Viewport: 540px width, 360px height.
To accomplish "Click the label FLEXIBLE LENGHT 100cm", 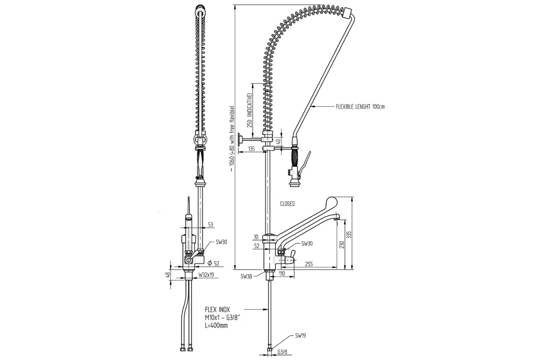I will coord(360,107).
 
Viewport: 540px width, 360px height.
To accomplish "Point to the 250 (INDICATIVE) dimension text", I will coord(248,111).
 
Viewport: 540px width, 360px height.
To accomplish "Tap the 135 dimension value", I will coord(252,148).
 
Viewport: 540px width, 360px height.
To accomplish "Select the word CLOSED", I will coord(287,204).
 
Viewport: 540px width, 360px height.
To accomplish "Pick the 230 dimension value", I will coord(342,245).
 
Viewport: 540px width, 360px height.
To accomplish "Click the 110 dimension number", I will coord(282,274).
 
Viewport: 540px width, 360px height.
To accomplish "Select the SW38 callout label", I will coord(246,276).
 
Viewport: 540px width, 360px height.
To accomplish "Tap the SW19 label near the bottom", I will coord(301,335).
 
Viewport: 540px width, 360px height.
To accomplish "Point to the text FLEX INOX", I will coord(217,310).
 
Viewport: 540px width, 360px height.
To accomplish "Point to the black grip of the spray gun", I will coord(296,157).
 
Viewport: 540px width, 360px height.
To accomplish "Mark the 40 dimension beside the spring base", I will coord(279,141).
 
